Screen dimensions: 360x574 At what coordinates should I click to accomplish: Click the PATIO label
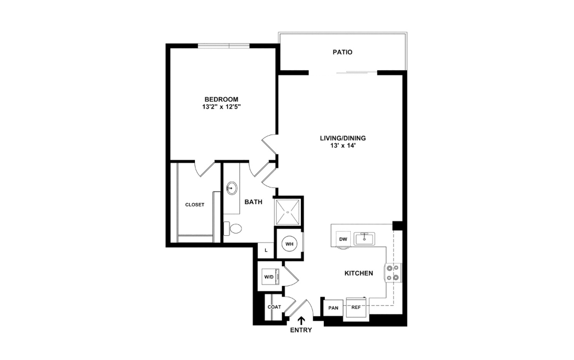[342, 52]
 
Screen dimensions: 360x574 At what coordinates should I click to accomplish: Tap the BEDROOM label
[220, 99]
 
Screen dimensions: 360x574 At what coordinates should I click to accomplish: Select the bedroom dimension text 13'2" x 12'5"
[220, 107]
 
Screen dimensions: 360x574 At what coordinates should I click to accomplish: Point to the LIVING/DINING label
[343, 138]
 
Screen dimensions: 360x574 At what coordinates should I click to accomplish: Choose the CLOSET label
[194, 205]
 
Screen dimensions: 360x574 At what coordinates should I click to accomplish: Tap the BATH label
[253, 202]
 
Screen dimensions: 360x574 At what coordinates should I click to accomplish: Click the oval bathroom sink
[232, 188]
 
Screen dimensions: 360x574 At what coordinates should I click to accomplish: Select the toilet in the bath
[233, 228]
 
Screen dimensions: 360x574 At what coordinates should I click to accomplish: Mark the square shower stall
[288, 212]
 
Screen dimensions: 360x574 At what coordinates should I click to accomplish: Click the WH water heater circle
[289, 244]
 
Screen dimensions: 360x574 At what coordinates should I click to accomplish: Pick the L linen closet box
[265, 250]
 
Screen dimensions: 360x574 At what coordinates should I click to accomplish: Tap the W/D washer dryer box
[269, 277]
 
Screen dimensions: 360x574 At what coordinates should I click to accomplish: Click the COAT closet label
[274, 307]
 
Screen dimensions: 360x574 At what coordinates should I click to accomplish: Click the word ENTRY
[301, 331]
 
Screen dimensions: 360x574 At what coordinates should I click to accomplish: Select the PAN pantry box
[333, 308]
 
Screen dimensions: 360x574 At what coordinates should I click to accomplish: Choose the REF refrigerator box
[356, 308]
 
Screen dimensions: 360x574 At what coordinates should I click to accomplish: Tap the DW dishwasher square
[343, 239]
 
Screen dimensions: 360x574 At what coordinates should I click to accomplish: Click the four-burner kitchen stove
[393, 273]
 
